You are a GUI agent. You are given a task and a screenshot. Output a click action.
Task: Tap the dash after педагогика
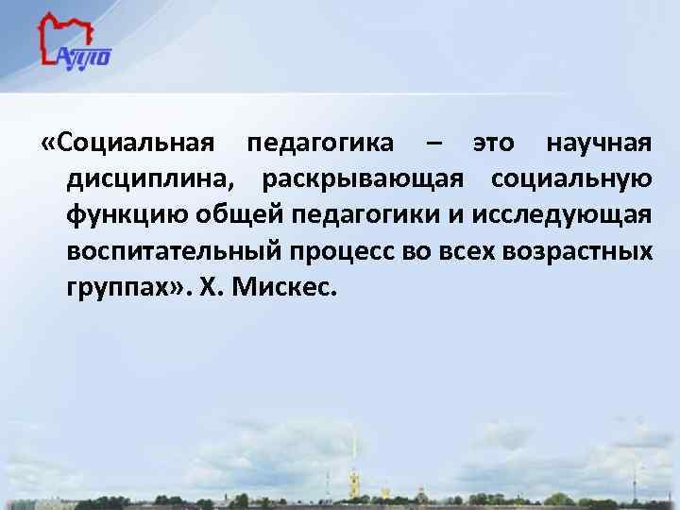pyautogui.click(x=432, y=144)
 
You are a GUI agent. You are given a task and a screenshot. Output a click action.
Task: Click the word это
pyautogui.click(x=494, y=144)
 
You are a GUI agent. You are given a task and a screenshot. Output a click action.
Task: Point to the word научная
pyautogui.click(x=598, y=144)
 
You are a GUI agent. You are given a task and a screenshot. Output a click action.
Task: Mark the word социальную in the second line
pyautogui.click(x=570, y=179)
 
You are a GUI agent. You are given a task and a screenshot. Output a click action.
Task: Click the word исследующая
pyautogui.click(x=558, y=215)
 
